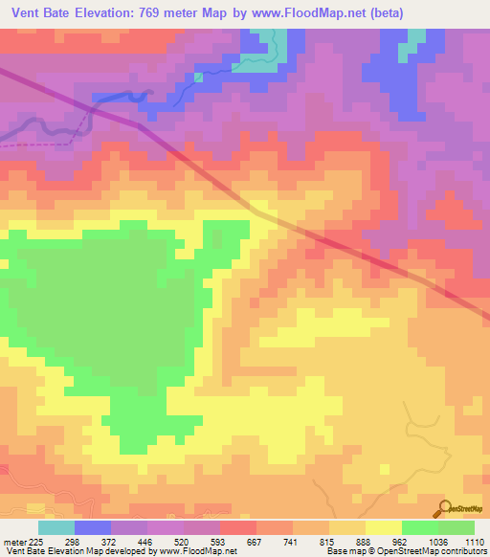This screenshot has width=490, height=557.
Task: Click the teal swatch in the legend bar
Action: [56, 527]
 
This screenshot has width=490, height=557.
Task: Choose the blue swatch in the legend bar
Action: [93, 527]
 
